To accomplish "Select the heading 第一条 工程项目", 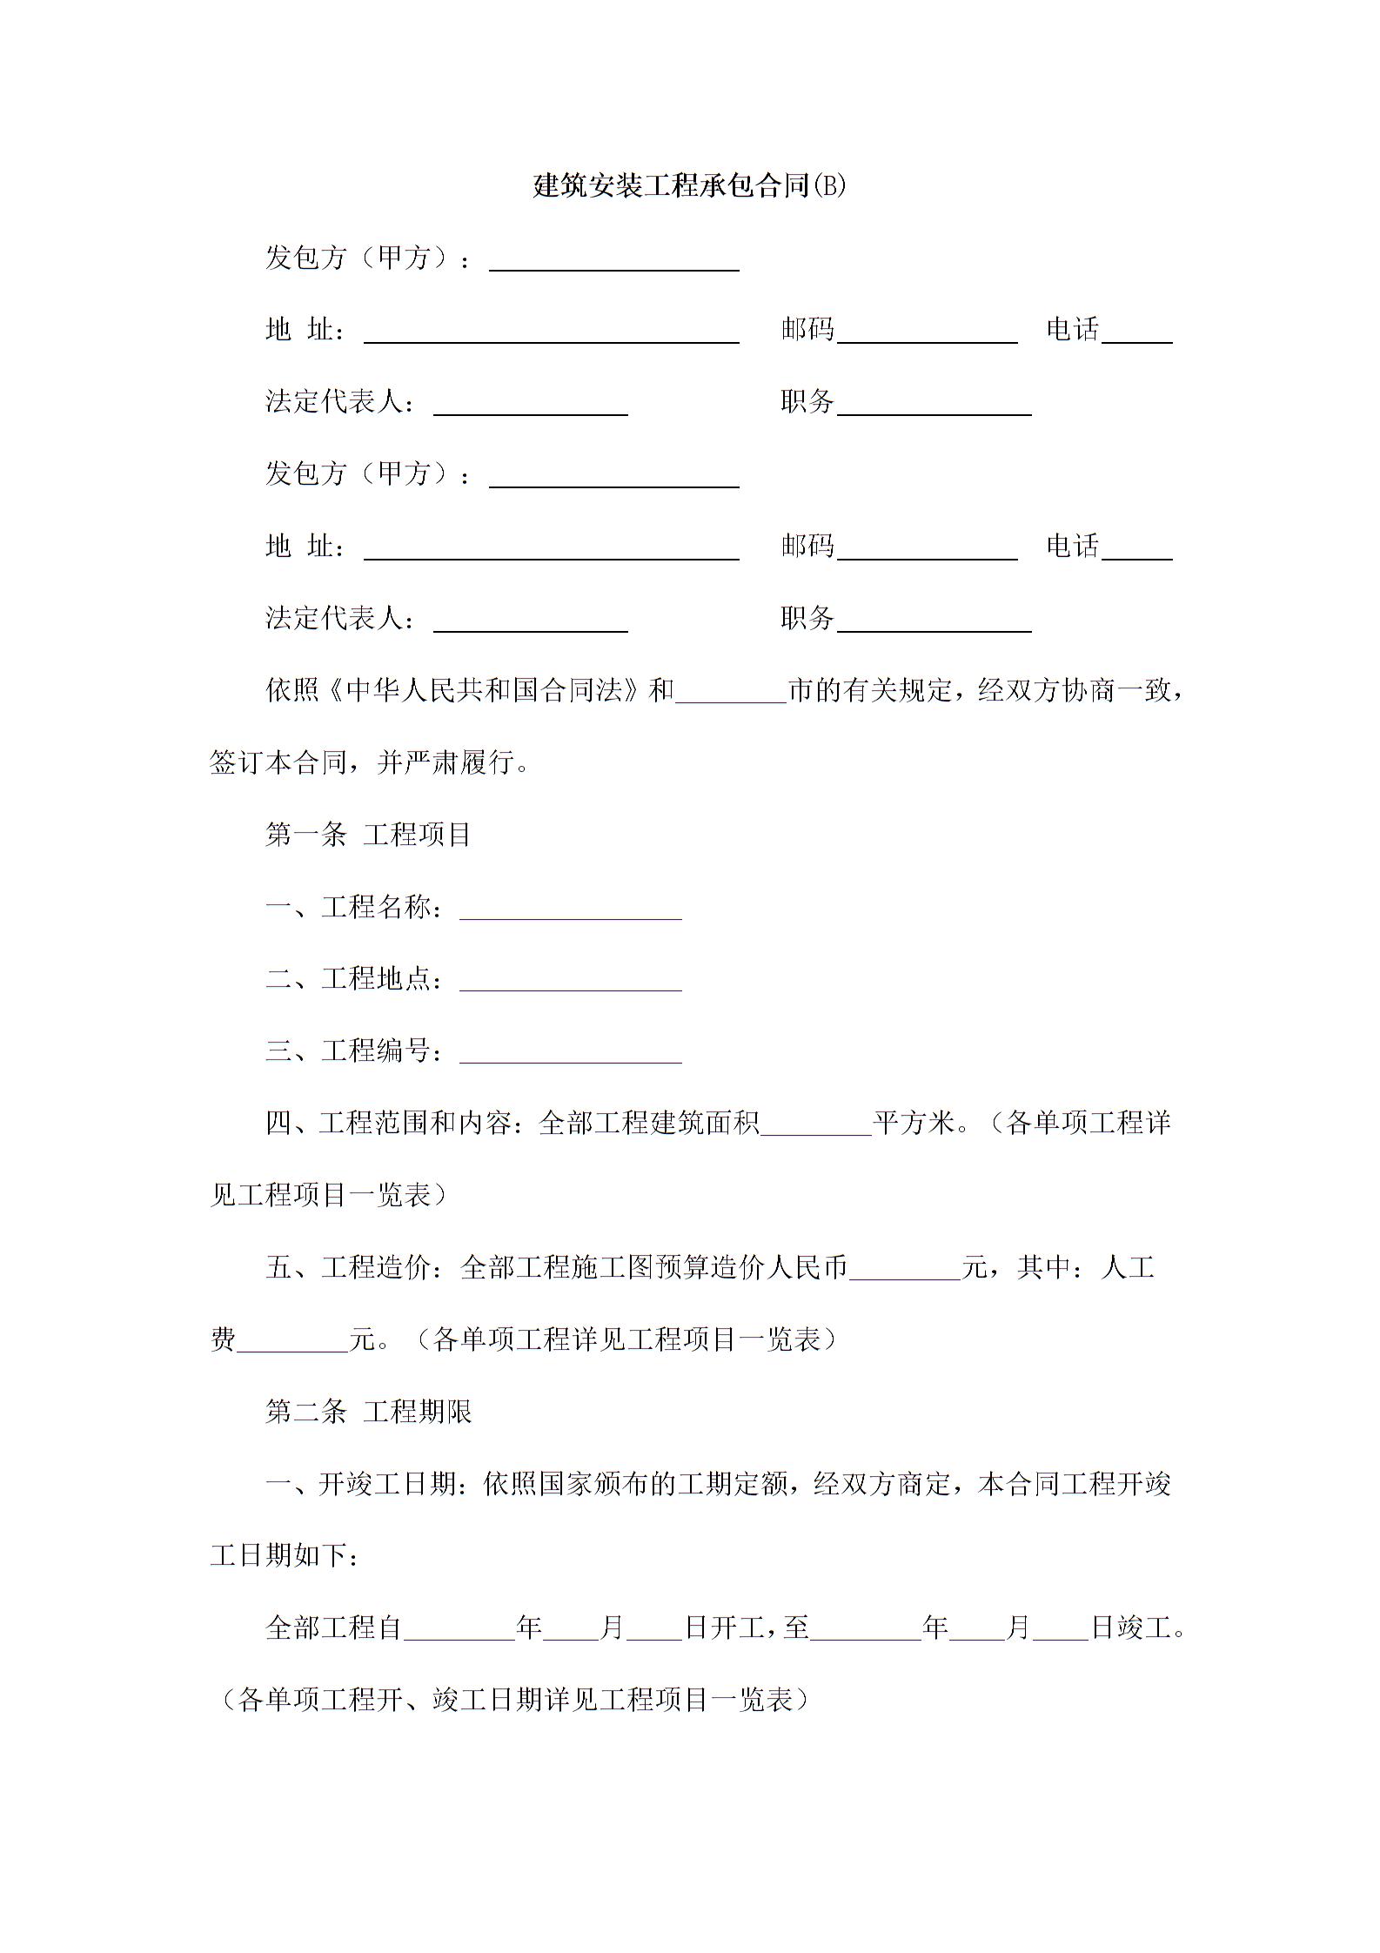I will (x=368, y=835).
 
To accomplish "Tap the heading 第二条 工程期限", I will (x=368, y=1411).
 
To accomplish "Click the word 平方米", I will (x=914, y=1124).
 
